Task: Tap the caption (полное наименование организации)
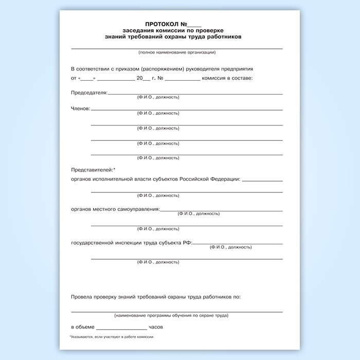point(176,52)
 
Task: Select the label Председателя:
point(89,93)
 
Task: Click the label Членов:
point(80,109)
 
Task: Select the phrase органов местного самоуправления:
point(115,209)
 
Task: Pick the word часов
point(156,327)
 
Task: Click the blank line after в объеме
point(121,328)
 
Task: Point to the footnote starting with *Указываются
point(112,337)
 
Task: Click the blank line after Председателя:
point(195,94)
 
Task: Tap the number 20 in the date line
point(139,78)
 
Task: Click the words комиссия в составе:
point(228,78)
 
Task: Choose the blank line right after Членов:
point(187,110)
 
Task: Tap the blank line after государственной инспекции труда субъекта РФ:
point(238,243)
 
